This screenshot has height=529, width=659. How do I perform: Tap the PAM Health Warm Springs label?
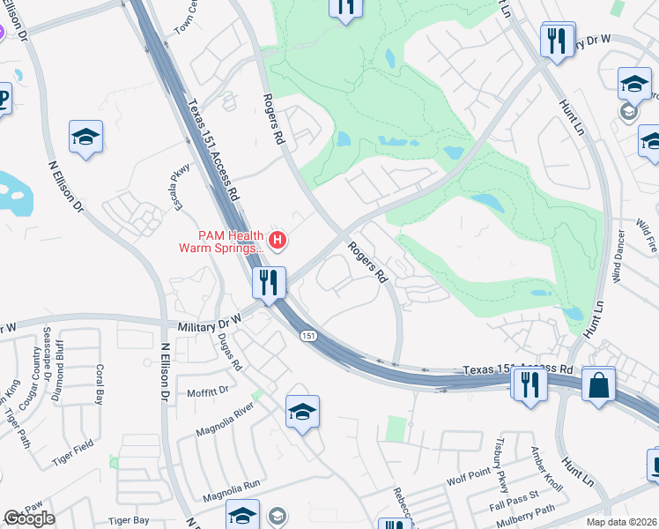pos(220,241)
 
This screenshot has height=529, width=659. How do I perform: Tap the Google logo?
pos(29,518)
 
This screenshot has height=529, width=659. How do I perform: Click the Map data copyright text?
pos(622,522)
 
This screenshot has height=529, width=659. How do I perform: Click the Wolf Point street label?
pos(467,481)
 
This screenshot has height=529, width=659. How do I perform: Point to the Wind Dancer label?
pos(620,256)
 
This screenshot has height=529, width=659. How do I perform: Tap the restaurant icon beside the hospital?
pos(269,282)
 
